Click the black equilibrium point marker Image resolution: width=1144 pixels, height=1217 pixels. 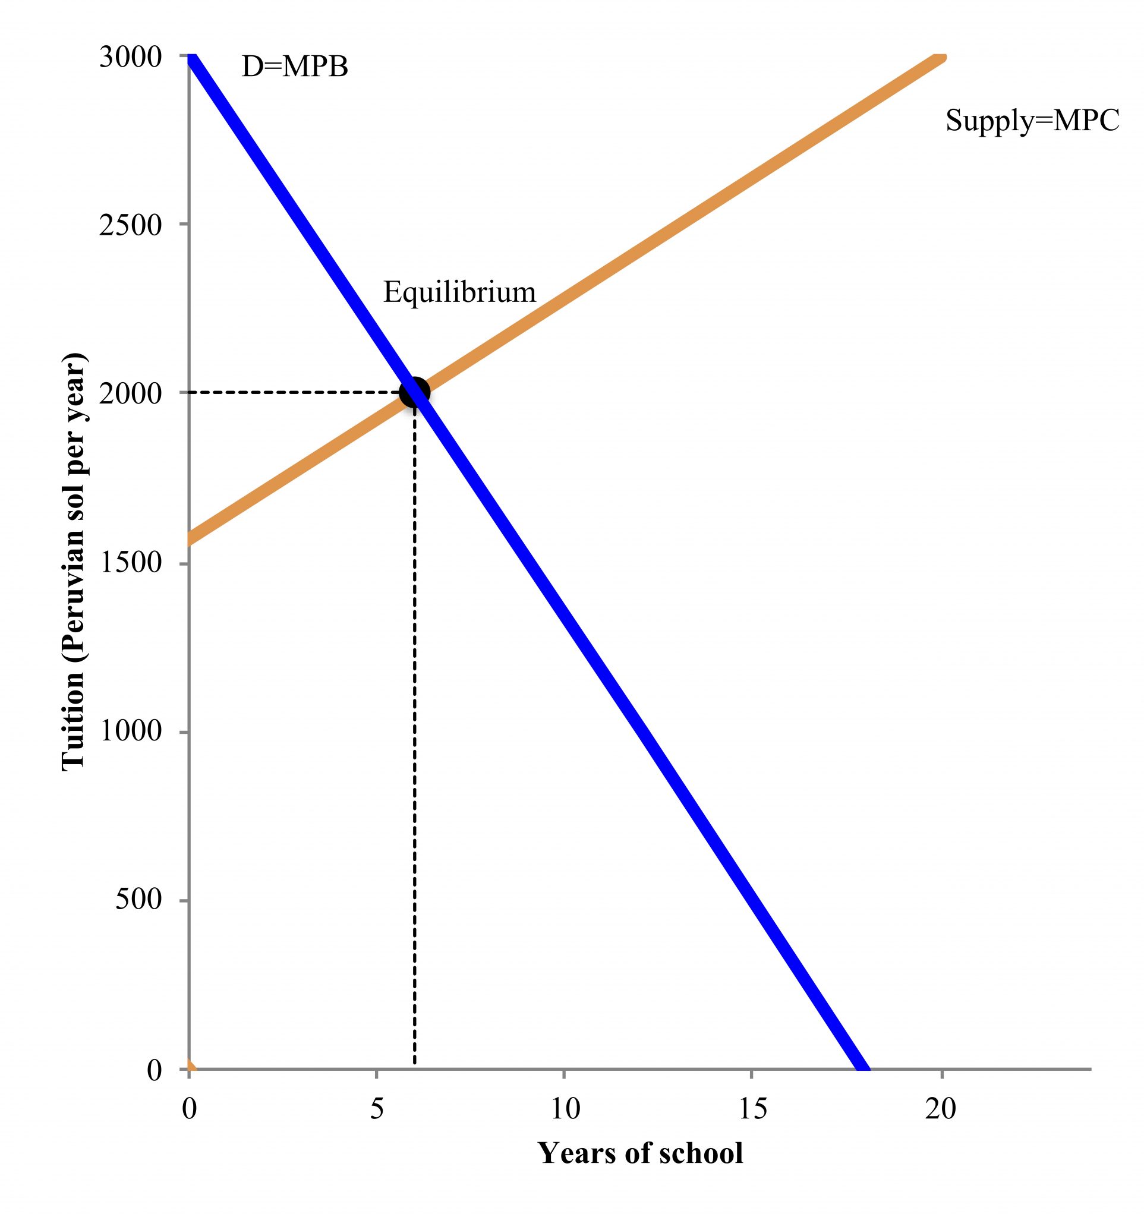click(x=414, y=392)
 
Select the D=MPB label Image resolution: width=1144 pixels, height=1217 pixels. click(x=294, y=66)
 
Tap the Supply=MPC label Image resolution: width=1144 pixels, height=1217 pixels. click(x=1032, y=120)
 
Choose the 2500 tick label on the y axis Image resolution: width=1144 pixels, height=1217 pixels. click(x=130, y=225)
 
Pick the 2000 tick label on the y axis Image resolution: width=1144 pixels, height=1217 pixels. click(x=130, y=393)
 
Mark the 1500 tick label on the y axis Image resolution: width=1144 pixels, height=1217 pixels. click(x=130, y=563)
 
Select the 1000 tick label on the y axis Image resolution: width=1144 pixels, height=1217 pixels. click(x=130, y=730)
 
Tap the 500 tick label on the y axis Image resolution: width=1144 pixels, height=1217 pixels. click(x=138, y=899)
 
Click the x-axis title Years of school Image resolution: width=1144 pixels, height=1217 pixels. click(x=640, y=1153)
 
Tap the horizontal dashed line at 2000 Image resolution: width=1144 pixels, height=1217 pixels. click(x=294, y=392)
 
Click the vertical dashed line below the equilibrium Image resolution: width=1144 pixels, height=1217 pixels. click(x=414, y=734)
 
